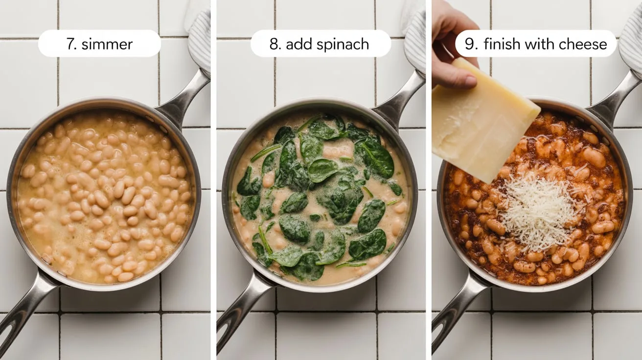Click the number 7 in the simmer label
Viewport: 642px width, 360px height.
[70, 45]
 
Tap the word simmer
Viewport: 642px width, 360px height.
[107, 45]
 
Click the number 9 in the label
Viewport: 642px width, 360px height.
[470, 45]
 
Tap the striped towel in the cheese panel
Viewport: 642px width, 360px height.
[631, 42]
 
